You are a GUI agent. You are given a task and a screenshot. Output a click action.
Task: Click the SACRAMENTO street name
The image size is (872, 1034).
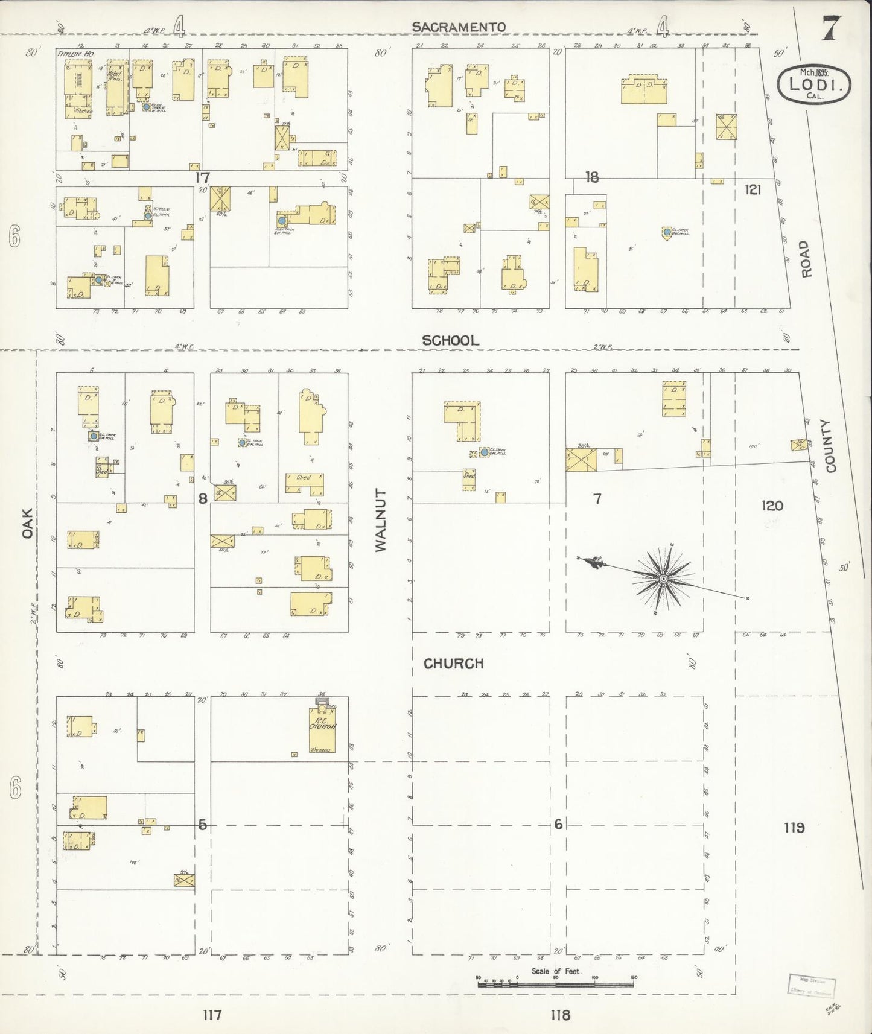click(x=459, y=27)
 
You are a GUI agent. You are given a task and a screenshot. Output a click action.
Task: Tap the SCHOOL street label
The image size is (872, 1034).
click(x=450, y=340)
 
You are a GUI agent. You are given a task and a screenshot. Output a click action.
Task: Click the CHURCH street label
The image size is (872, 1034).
click(x=453, y=664)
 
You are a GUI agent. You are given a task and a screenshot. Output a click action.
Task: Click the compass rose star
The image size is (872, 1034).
click(x=663, y=579)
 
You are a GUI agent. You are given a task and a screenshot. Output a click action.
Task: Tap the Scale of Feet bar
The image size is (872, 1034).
click(x=555, y=984)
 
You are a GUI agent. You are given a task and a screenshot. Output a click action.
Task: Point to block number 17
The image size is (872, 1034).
click(x=202, y=177)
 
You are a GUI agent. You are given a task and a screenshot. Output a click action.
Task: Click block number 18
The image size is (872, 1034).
click(x=591, y=177)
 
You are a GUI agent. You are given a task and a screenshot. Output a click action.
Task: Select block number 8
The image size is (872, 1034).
click(x=203, y=498)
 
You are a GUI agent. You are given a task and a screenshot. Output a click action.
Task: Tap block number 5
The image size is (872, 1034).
click(x=203, y=824)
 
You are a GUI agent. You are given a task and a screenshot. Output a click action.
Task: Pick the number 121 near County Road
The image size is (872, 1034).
click(x=753, y=189)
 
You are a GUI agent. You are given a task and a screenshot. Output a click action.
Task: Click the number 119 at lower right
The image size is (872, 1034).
click(x=794, y=827)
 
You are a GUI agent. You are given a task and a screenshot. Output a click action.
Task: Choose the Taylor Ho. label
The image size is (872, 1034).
click(x=69, y=54)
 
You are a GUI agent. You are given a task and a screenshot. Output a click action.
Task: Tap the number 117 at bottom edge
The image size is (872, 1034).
click(x=212, y=1015)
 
